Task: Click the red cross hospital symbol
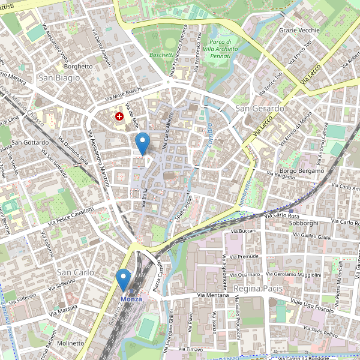(119, 115)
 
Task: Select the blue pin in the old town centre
(142, 144)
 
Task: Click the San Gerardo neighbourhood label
(259, 109)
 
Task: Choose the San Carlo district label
(74, 271)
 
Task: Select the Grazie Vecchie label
(299, 29)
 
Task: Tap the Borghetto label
(79, 67)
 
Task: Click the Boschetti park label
(161, 55)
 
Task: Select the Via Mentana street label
(213, 295)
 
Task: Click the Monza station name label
(131, 299)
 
